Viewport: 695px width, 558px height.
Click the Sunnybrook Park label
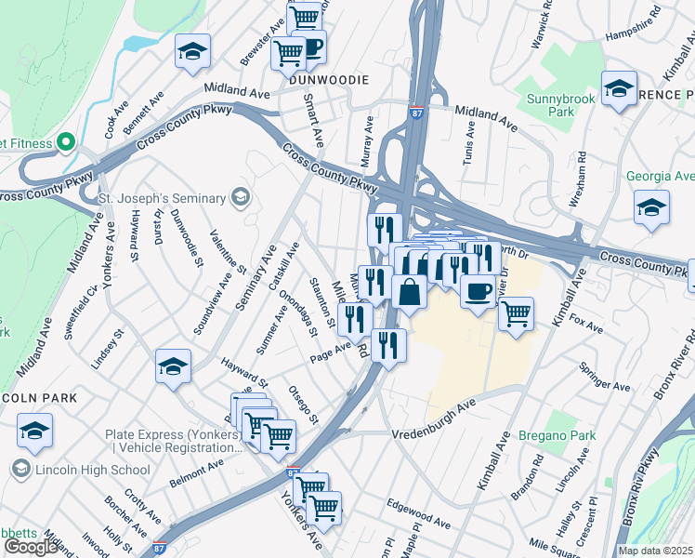pos(558,103)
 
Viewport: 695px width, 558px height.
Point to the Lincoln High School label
pos(91,470)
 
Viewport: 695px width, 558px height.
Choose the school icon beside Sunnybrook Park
pos(619,89)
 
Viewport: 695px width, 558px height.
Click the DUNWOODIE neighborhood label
pos(323,80)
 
